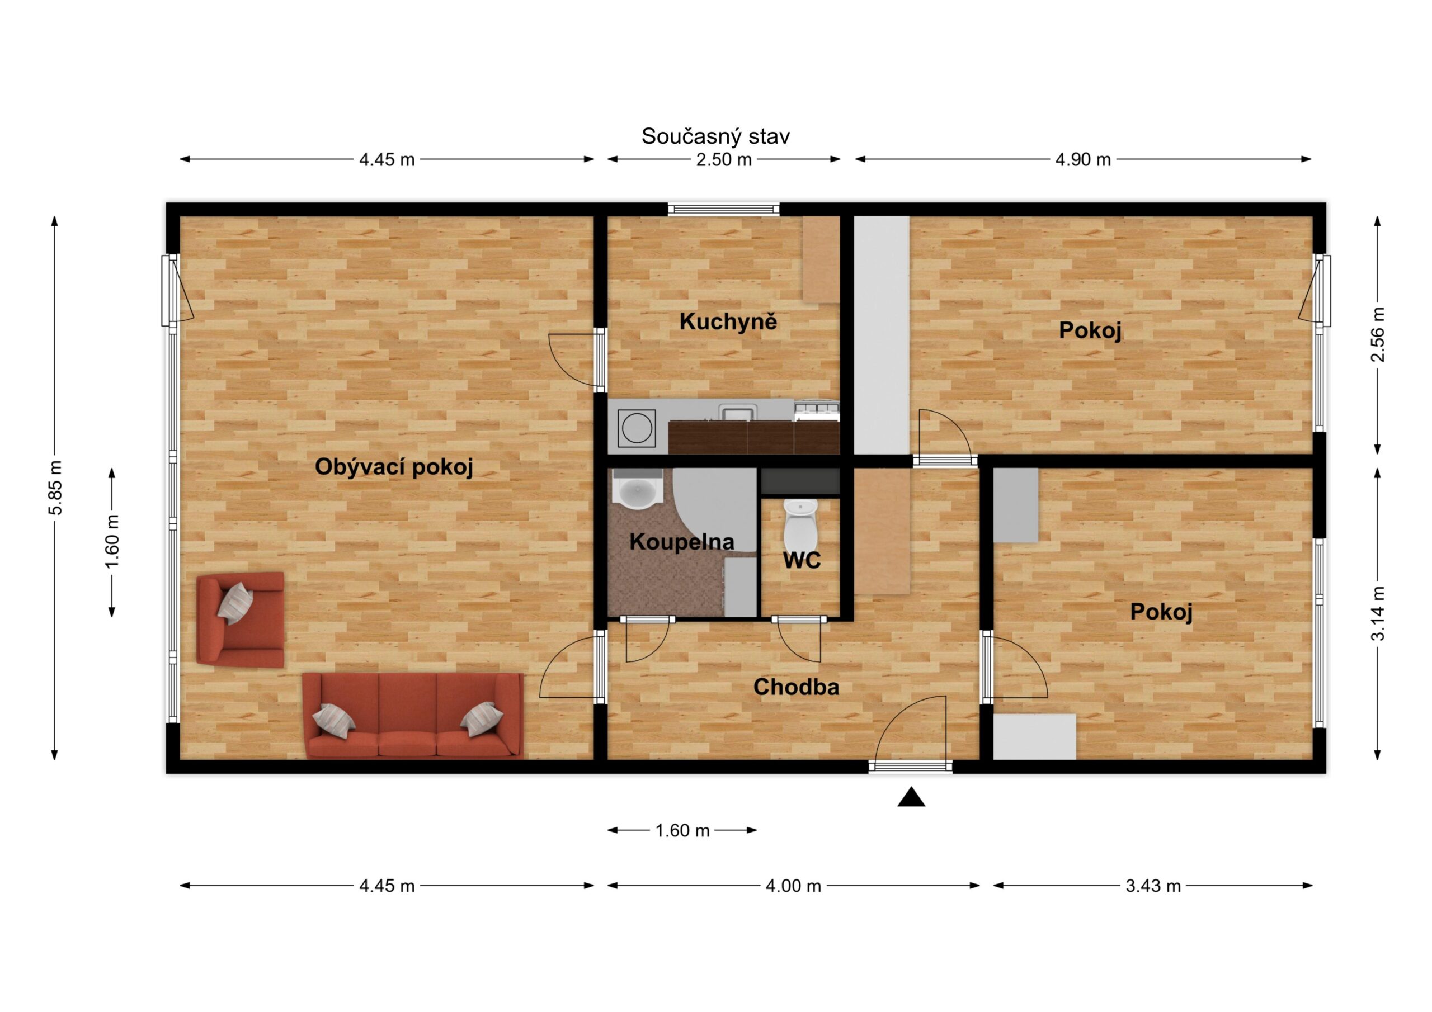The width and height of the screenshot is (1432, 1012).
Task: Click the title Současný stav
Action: tap(715, 136)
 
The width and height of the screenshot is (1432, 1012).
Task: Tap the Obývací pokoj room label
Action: tap(394, 467)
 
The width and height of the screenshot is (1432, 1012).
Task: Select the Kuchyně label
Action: tap(728, 321)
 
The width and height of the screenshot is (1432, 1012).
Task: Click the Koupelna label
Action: tap(682, 542)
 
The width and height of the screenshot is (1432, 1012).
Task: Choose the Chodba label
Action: tap(796, 687)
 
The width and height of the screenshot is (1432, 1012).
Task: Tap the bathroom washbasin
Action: tap(637, 489)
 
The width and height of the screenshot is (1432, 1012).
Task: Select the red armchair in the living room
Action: tap(240, 620)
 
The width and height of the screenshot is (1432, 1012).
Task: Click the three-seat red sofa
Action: tap(413, 715)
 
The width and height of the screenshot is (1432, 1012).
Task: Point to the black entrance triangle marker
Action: tap(911, 797)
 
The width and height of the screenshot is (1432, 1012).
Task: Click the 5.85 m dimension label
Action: tap(55, 488)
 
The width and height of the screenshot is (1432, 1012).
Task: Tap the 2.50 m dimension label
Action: tap(724, 159)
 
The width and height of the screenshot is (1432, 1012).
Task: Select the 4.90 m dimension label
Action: tap(1083, 159)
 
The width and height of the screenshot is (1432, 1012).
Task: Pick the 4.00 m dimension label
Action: tap(793, 886)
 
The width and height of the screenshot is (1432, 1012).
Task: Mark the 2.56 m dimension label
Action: tap(1377, 334)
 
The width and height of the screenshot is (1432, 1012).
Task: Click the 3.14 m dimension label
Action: tap(1377, 613)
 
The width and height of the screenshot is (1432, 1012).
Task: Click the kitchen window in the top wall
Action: tap(723, 209)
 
